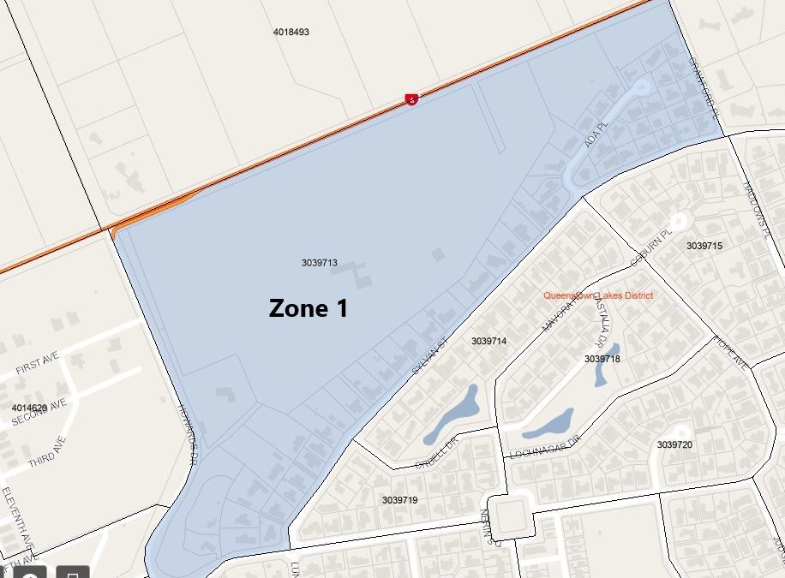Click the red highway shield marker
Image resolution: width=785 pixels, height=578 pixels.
[412, 99]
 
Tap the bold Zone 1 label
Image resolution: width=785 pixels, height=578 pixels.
[309, 308]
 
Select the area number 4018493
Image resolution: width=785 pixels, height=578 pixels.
[291, 32]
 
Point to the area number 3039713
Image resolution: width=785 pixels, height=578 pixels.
[320, 263]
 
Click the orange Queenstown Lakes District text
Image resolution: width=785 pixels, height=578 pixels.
[598, 295]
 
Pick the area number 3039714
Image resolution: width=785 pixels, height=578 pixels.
[489, 341]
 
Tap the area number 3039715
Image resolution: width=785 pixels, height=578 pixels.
[704, 246]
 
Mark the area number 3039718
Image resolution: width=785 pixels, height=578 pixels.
[602, 359]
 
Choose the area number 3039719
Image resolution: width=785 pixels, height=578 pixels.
[400, 499]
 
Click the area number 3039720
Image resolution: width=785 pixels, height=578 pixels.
[674, 444]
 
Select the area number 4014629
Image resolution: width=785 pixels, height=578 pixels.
[30, 408]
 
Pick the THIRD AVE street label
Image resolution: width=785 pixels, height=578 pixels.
[46, 448]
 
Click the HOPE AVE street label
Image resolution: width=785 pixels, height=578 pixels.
[730, 352]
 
